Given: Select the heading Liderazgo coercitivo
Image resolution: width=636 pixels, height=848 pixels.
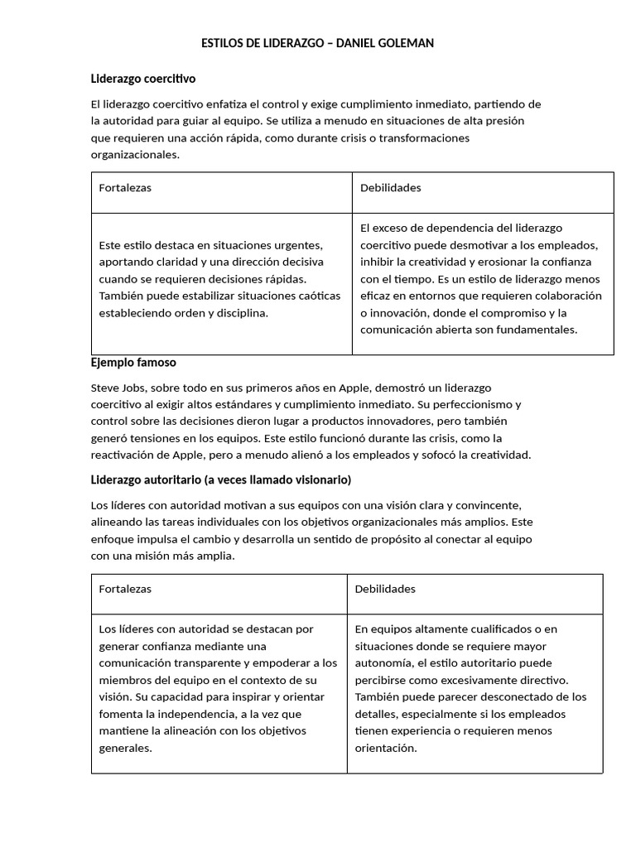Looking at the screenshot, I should [142, 79].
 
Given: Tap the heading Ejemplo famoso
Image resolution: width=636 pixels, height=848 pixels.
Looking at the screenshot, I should [132, 363].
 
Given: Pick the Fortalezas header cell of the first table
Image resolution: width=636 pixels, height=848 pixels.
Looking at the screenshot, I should [125, 188].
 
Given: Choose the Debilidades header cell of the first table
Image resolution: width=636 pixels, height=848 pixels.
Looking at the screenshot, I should [390, 188].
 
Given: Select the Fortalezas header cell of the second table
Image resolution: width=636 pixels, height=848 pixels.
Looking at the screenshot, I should [125, 589].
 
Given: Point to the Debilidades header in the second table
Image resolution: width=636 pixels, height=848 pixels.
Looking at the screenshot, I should [385, 589].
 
